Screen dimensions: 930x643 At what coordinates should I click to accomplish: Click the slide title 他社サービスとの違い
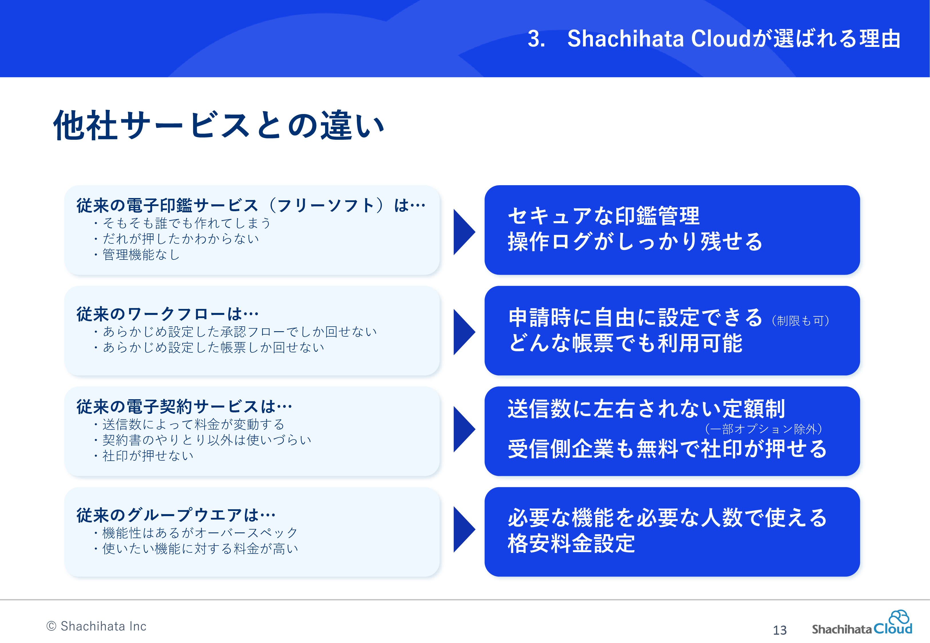coord(219,125)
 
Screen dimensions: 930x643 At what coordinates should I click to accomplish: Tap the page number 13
coord(779,630)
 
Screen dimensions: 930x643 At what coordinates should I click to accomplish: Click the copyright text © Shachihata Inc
coord(96,626)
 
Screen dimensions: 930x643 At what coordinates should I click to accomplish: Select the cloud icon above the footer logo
coord(899,617)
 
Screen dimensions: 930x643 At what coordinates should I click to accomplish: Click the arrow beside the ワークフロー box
coord(464,332)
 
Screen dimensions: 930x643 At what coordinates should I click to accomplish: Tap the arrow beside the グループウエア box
coord(464,529)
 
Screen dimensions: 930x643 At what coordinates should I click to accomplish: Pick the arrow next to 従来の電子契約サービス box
coord(464,429)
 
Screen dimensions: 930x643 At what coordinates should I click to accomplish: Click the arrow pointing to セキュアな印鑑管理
coord(464,232)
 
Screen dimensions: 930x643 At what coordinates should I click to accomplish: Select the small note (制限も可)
coord(801,321)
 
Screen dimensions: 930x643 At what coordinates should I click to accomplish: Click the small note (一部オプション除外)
coord(763,429)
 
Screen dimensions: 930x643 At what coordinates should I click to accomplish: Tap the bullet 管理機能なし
coord(137,255)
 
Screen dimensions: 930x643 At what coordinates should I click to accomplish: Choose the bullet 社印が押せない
coord(144,456)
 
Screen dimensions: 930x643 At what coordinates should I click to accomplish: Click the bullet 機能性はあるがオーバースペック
coord(196,533)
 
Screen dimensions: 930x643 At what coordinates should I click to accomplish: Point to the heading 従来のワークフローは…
coord(167,314)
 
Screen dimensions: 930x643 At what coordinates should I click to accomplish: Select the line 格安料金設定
coord(571,544)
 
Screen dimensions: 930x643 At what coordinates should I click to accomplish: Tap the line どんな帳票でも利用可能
coord(625,343)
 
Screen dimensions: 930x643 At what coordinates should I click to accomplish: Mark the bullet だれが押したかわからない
coord(176,239)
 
